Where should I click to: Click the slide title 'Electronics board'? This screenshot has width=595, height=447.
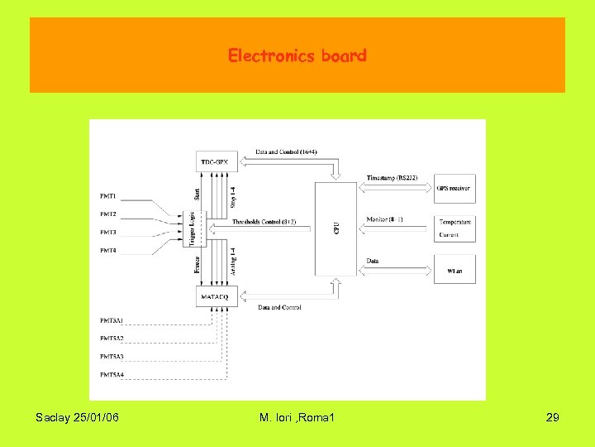tap(297, 56)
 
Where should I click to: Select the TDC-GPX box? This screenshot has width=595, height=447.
tap(217, 161)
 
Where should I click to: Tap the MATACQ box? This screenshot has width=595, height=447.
tap(217, 295)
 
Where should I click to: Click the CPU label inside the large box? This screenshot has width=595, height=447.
tap(336, 226)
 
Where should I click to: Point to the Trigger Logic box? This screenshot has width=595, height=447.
tap(193, 228)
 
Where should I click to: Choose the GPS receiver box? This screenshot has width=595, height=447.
tap(454, 189)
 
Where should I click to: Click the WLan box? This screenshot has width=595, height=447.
tap(455, 270)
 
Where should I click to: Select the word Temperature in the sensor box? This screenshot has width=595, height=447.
tap(455, 222)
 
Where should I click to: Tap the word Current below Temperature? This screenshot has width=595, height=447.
tap(450, 235)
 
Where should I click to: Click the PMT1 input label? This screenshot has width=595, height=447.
tap(108, 196)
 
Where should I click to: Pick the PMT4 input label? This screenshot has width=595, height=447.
tap(108, 249)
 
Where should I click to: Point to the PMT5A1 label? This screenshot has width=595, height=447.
tap(112, 320)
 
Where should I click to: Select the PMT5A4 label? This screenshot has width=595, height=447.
tap(112, 374)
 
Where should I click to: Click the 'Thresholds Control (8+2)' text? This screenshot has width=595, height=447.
tap(264, 222)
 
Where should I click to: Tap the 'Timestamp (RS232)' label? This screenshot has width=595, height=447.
tap(392, 178)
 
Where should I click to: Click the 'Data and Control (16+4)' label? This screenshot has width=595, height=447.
tap(286, 152)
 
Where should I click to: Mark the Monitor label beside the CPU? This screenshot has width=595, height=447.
tap(384, 219)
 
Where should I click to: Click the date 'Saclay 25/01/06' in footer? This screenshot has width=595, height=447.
tap(78, 418)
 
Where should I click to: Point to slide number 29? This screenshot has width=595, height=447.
tap(553, 418)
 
